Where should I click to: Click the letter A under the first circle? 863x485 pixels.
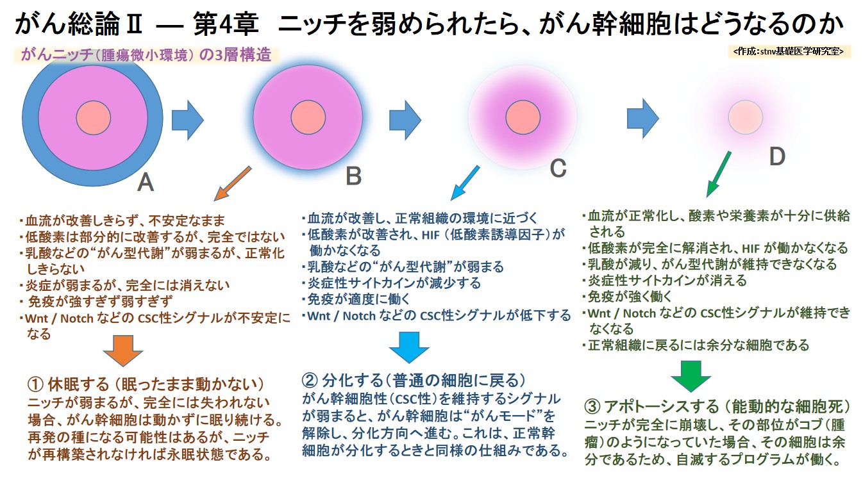[x=146, y=183]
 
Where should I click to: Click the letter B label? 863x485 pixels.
[x=353, y=176]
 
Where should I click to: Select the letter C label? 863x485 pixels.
[x=558, y=169]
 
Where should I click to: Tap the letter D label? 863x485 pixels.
[x=776, y=156]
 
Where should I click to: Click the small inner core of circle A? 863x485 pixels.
[x=94, y=118]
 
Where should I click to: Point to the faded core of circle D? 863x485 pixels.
[x=745, y=117]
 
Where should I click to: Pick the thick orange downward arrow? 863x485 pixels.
[x=122, y=350]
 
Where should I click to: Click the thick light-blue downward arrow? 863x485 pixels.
[x=409, y=347]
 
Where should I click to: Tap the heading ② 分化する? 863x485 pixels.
[x=413, y=380]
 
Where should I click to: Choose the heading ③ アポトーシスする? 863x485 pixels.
[x=717, y=407]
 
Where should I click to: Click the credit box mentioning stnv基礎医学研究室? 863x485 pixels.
[x=789, y=51]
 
